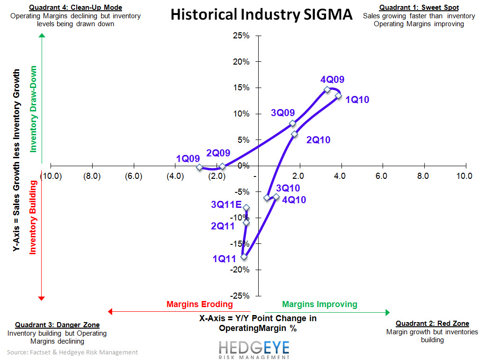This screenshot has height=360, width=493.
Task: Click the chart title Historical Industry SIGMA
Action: coord(261,15)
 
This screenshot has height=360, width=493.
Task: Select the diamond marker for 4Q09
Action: coord(327,90)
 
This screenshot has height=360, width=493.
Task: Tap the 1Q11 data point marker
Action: coord(244,257)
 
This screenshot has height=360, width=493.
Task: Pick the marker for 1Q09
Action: coord(200,167)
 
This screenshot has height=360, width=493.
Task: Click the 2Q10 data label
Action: coord(319,140)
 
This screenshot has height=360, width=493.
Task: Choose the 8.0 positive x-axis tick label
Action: coord(423,176)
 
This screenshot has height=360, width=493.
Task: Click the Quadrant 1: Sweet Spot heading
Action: coord(419,7)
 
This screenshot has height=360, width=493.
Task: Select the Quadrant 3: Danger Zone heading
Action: coord(57,325)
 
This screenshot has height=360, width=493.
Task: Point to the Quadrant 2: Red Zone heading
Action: coord(432,323)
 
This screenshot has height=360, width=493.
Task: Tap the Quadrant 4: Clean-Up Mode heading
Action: coord(75,7)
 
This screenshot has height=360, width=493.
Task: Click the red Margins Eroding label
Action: coord(200,304)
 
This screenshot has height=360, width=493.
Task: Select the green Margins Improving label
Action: coord(319,304)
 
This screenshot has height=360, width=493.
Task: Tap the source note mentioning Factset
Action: coord(72,352)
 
